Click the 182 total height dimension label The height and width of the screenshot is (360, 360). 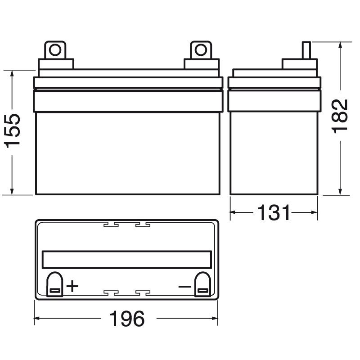click(x=341, y=117)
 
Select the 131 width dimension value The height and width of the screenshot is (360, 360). click(x=274, y=212)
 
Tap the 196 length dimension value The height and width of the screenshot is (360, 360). click(x=127, y=319)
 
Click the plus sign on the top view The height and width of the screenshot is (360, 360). click(x=72, y=286)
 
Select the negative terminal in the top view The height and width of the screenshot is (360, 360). click(x=201, y=286)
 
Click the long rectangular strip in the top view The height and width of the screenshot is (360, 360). click(x=126, y=259)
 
